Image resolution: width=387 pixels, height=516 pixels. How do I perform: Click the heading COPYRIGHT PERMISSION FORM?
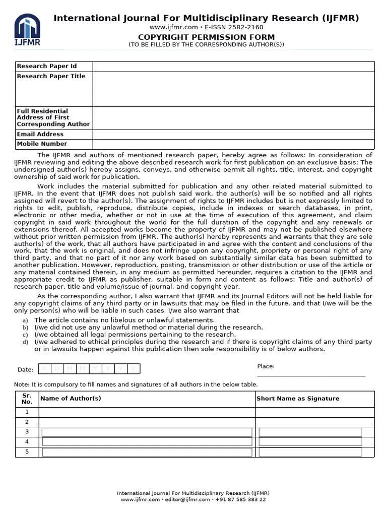click(207, 37)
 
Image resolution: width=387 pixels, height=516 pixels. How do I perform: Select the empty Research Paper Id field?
click(233, 67)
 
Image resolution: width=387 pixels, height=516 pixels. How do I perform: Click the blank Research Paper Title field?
click(233, 89)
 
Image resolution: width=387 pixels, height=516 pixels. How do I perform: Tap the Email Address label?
click(40, 135)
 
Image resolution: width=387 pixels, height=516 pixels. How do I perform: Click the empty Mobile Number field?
click(233, 144)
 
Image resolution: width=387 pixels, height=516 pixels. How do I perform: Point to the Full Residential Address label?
click(53, 117)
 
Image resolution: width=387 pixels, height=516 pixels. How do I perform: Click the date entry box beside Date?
click(89, 369)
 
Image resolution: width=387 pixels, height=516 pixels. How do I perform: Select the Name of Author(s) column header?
click(71, 399)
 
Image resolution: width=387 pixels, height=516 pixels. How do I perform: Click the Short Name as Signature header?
click(298, 399)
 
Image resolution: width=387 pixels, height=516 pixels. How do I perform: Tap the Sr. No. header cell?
click(27, 399)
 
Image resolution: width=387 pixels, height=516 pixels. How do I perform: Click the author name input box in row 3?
click(147, 432)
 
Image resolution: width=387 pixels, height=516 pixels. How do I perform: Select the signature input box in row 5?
click(310, 452)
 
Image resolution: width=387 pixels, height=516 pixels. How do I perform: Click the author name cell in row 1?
click(147, 412)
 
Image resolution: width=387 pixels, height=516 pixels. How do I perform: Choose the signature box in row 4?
click(310, 442)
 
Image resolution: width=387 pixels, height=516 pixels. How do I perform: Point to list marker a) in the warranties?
click(25, 320)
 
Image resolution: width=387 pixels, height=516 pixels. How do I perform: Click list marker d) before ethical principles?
click(25, 342)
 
